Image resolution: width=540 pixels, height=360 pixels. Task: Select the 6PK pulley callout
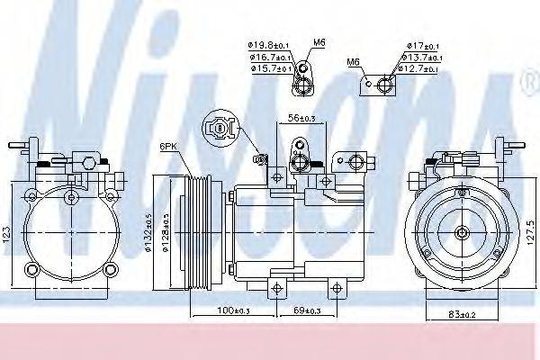point(168,147)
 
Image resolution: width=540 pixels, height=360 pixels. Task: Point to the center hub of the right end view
point(462,233)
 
